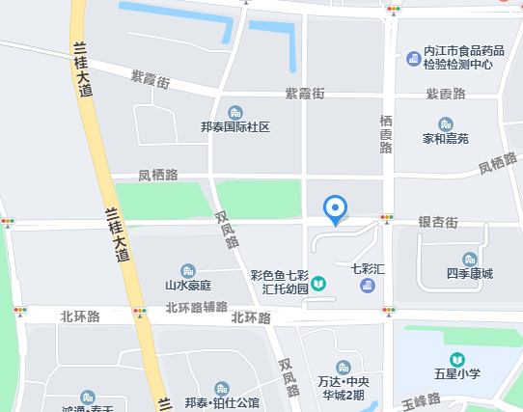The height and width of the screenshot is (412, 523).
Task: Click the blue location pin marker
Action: (x=335, y=208)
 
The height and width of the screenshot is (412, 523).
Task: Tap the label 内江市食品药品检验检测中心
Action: (x=458, y=57)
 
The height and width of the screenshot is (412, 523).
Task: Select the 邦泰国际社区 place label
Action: (x=234, y=127)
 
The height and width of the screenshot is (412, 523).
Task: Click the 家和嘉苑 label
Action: (x=445, y=139)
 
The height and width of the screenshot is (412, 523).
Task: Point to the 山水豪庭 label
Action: (x=188, y=286)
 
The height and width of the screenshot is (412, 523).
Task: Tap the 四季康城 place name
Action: (x=470, y=274)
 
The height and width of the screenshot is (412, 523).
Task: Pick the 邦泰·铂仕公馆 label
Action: (x=222, y=402)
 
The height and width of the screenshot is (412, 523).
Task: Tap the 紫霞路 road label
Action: (x=446, y=94)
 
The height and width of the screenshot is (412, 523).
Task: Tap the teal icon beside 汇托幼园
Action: (x=318, y=283)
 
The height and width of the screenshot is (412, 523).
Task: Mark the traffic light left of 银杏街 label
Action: (x=388, y=219)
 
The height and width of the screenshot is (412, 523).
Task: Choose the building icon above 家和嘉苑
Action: (x=445, y=124)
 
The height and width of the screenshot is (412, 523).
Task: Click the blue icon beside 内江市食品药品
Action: (x=413, y=60)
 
